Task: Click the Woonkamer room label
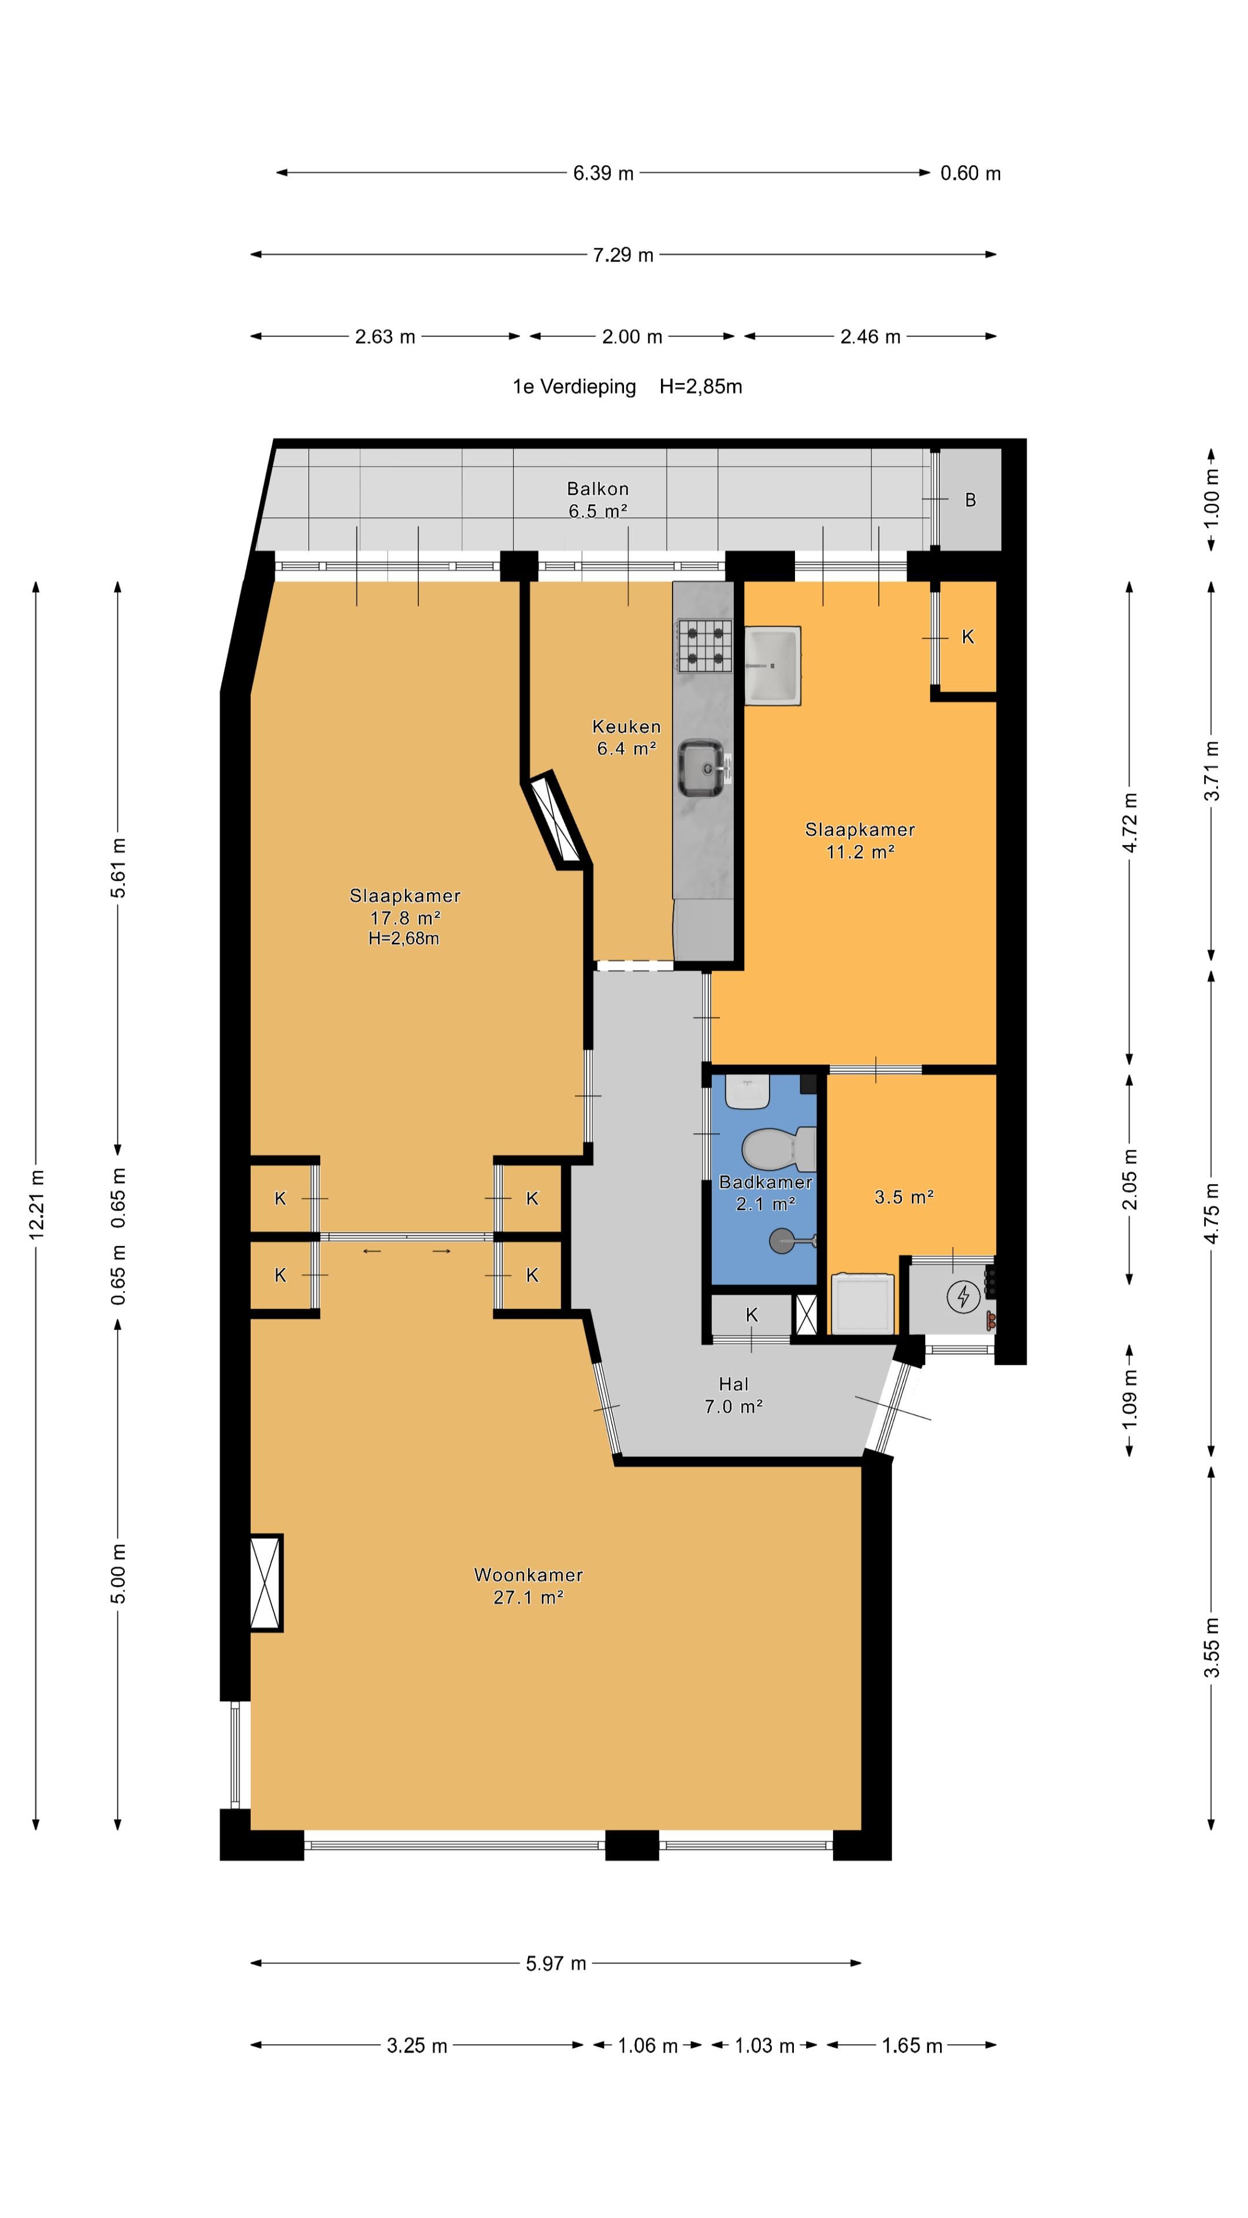[x=528, y=1575]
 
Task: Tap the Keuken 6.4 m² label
[x=626, y=737]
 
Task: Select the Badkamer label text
[x=765, y=1182]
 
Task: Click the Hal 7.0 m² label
[x=733, y=1395]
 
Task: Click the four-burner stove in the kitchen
[x=704, y=646]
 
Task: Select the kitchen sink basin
[x=701, y=769]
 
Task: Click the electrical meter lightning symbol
[x=963, y=1296]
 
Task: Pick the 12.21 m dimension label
[x=36, y=1204]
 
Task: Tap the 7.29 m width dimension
[x=623, y=255]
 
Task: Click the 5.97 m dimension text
[x=555, y=1963]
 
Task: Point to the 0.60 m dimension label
[x=970, y=173]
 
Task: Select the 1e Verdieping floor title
[x=574, y=386]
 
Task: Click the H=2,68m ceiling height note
[x=404, y=939]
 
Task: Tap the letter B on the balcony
[x=970, y=500]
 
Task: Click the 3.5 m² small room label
[x=904, y=1197]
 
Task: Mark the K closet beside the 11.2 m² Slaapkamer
[x=967, y=637]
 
